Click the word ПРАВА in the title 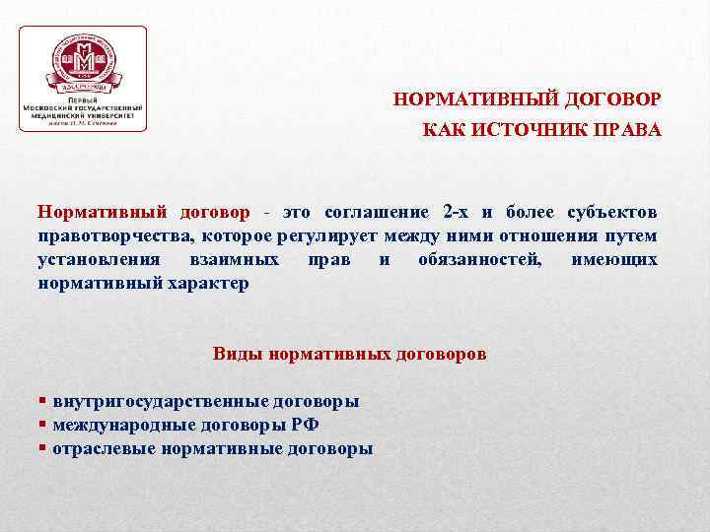pyautogui.click(x=627, y=130)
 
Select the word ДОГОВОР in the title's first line pyautogui.click(x=614, y=100)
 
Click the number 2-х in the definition pyautogui.click(x=457, y=212)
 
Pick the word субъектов pyautogui.click(x=612, y=212)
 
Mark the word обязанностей pyautogui.click(x=479, y=259)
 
